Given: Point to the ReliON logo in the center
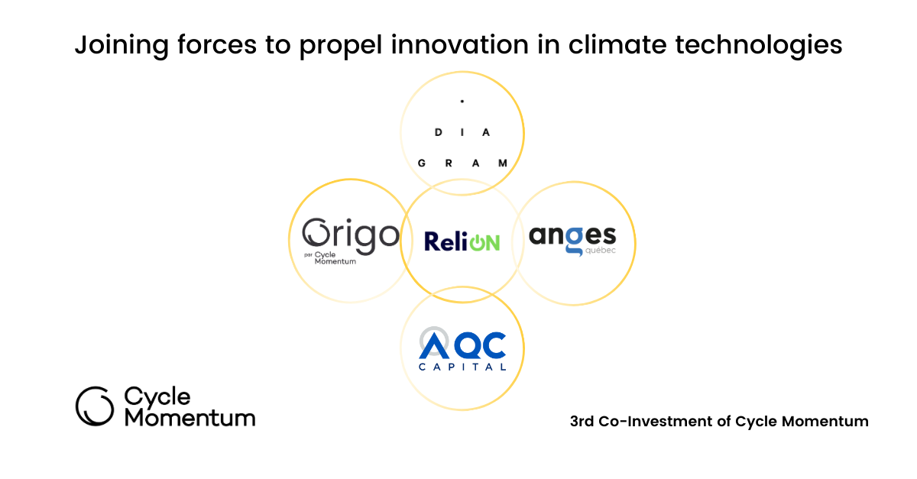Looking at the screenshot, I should point(462,242).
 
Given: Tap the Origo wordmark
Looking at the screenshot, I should point(351,236).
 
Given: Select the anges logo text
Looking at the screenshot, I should point(572,236).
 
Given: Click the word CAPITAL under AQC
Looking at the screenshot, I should point(462,367).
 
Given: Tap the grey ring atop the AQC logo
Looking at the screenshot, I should point(432,337).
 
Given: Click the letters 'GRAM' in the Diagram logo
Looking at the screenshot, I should point(462,163).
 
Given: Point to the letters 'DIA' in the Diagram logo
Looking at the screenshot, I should point(462,132).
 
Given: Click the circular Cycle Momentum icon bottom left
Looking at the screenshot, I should point(95,406).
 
